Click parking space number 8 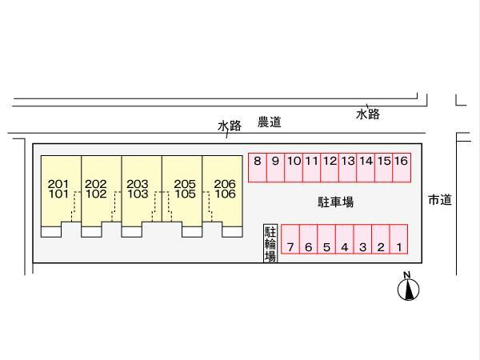(x=257, y=167)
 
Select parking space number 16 (x=402, y=167)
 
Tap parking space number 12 (x=330, y=167)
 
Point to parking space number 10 (x=294, y=167)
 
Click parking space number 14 (x=366, y=167)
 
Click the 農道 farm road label (x=270, y=122)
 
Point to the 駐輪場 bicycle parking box (x=270, y=243)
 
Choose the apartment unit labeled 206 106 (x=224, y=189)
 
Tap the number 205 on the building (x=183, y=183)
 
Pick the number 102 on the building (x=96, y=194)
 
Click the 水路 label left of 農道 (x=230, y=126)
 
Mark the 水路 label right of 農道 (x=368, y=115)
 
